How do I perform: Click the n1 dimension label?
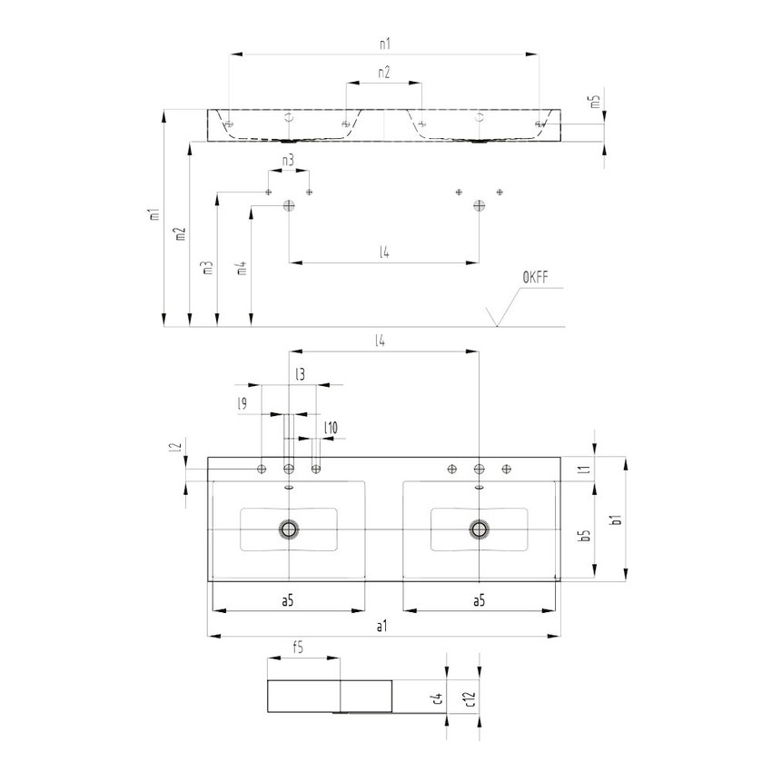coord(383,43)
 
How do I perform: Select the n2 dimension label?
coord(383,73)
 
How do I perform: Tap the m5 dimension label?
coord(596,104)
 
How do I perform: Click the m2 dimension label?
coord(181,233)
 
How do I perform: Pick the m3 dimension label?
coord(208,267)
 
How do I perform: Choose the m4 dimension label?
coord(240,268)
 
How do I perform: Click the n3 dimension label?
coord(287,161)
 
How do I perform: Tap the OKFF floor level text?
coord(537,277)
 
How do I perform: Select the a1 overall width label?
coord(382,627)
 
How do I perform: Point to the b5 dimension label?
coord(586,536)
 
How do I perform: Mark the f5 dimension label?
coord(297,648)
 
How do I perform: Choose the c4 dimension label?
coord(437,698)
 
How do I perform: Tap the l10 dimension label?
coord(331,428)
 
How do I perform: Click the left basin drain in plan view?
coord(290,529)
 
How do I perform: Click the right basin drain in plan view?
coord(479,529)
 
